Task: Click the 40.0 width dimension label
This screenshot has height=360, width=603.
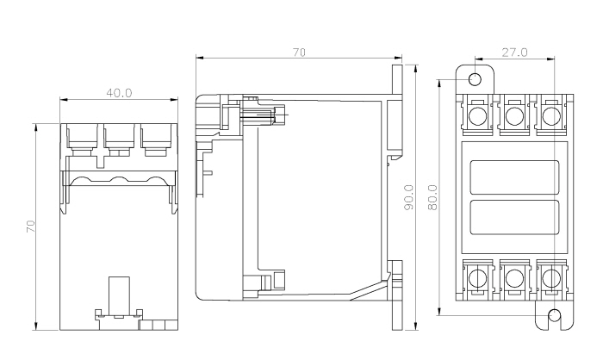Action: (119, 92)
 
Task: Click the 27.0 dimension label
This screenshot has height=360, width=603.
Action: (514, 53)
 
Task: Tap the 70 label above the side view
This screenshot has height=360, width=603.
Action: (298, 53)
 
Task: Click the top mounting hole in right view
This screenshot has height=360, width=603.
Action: (475, 80)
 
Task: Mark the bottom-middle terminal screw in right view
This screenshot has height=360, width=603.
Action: (514, 277)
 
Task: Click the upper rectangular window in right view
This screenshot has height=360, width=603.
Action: (513, 175)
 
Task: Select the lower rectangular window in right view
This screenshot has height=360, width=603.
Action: (513, 218)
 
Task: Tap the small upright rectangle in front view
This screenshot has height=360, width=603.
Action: (119, 293)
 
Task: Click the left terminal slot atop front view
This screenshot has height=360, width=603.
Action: (82, 137)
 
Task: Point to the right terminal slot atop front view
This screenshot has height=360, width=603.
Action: (155, 137)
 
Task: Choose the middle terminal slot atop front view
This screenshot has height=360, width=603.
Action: (119, 137)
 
